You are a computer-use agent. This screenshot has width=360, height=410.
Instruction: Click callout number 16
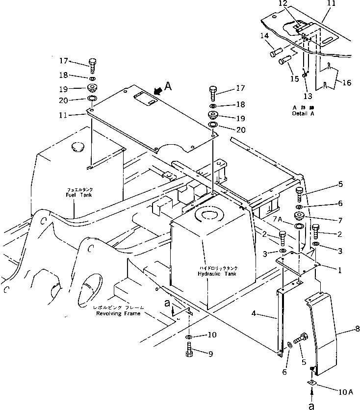(x=346, y=83)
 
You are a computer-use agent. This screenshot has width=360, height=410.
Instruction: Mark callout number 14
(x=265, y=36)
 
